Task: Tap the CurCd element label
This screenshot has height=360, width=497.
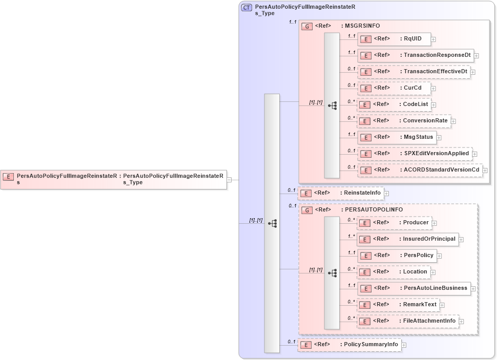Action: (412, 88)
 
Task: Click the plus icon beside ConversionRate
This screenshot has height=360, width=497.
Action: (453, 121)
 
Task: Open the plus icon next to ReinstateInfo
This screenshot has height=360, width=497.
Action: (386, 193)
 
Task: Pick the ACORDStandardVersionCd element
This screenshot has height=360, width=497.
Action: (420, 170)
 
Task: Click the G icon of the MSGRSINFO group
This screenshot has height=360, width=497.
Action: (307, 26)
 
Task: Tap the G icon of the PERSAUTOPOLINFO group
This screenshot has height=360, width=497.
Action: (307, 210)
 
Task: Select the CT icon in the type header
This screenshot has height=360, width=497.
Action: (246, 8)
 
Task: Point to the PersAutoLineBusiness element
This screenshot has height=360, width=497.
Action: (413, 288)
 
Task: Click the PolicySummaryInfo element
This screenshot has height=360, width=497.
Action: (349, 345)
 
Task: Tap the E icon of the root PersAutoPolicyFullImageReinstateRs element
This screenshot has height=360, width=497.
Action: (8, 177)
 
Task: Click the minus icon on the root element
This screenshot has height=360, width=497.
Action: (230, 180)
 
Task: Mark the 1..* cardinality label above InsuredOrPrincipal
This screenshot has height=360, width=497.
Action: (351, 237)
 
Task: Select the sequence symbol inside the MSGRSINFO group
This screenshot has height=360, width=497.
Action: (333, 105)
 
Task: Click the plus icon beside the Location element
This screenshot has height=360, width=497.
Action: (433, 272)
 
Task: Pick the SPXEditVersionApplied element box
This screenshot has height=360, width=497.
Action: (415, 153)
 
